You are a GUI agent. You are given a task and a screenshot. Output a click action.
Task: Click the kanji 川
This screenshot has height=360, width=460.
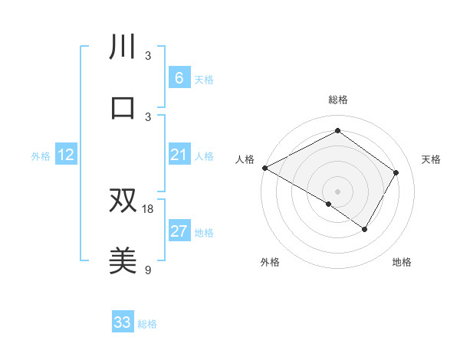[x=123, y=47]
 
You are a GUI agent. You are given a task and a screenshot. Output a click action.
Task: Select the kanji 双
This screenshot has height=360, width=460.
[x=123, y=200]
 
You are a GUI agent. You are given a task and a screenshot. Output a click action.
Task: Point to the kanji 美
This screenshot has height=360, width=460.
[x=123, y=260]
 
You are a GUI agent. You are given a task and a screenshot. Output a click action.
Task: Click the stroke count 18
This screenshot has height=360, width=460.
[x=149, y=208]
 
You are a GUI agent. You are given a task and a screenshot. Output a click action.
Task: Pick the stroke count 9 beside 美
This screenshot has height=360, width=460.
[x=149, y=270]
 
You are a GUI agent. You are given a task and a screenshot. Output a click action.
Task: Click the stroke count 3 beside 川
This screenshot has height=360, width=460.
[x=149, y=55]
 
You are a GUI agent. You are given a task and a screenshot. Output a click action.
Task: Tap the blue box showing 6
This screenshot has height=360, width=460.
[x=179, y=78]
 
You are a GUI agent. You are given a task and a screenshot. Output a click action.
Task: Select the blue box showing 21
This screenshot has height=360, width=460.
[x=179, y=155]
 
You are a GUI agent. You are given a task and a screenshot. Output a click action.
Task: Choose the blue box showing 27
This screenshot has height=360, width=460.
[x=179, y=231]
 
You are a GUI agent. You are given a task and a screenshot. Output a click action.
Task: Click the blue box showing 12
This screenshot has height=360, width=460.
[x=66, y=155]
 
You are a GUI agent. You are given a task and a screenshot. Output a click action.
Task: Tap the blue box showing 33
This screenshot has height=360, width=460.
[x=123, y=322]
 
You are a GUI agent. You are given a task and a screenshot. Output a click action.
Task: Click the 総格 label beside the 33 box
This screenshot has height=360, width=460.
[x=147, y=324]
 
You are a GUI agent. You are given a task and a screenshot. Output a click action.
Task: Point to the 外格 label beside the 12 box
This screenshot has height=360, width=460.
[x=41, y=156]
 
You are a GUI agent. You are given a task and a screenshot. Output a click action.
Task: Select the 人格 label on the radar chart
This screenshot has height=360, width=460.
[x=245, y=159]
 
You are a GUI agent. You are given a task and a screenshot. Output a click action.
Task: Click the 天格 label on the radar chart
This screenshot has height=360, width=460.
[x=431, y=159]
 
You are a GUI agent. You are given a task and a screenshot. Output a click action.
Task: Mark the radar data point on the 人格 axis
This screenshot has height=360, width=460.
[x=264, y=168]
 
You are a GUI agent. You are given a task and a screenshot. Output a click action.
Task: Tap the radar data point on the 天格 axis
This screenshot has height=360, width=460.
[x=396, y=172]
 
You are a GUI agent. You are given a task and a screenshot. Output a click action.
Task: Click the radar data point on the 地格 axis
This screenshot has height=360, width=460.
[x=365, y=229]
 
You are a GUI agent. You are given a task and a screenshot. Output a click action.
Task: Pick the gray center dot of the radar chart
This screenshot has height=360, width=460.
[x=337, y=191]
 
